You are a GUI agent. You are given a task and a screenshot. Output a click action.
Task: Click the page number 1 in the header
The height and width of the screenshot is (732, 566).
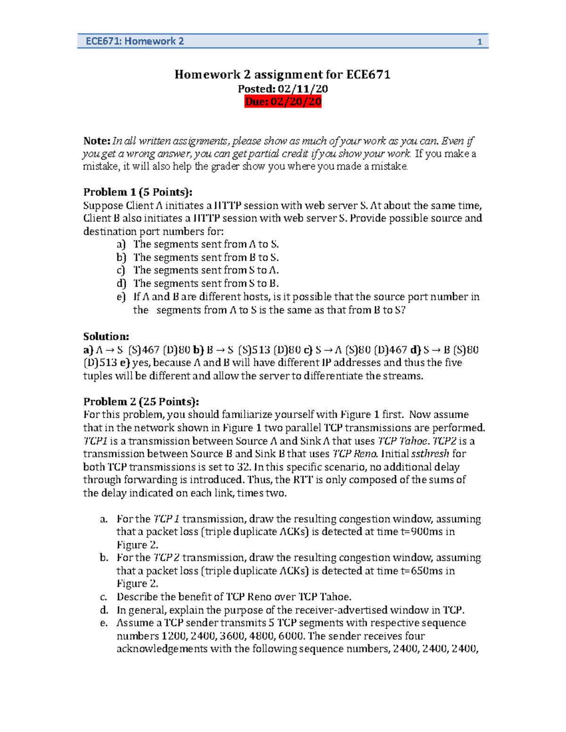tap(479, 42)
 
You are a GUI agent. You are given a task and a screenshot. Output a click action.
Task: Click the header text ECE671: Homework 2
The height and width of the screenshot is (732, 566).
tap(134, 41)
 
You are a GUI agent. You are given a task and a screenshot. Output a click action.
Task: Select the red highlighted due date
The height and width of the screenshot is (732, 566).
tap(283, 102)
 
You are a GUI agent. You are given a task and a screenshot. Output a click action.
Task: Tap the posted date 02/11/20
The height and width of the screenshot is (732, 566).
tap(302, 89)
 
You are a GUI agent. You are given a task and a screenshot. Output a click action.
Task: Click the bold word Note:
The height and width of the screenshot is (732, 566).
tap(97, 141)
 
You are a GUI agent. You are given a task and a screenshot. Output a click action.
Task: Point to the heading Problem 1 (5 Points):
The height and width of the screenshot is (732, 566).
tap(138, 192)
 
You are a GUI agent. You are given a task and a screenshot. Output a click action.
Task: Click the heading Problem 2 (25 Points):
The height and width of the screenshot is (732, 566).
tap(141, 402)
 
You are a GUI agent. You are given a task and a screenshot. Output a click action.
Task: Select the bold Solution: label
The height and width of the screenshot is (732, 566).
tap(106, 337)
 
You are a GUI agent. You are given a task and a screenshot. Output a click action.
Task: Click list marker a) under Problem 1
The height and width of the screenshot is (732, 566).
tap(121, 244)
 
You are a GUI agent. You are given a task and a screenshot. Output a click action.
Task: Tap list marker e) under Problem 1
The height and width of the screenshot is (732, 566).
tap(121, 297)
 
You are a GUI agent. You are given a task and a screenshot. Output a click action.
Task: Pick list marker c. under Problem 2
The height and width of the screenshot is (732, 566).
tap(104, 597)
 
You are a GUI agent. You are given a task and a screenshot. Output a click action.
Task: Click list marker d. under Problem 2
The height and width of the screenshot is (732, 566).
tap(104, 610)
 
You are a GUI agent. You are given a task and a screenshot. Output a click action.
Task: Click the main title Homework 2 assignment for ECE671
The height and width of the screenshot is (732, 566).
tap(283, 74)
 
